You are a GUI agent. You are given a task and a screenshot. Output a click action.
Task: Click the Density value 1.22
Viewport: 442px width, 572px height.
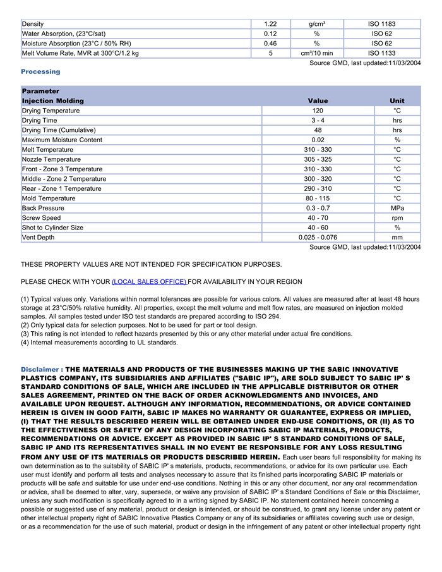pyautogui.click(x=270, y=24)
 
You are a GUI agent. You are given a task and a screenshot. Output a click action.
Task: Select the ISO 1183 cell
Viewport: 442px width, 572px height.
pyautogui.click(x=382, y=24)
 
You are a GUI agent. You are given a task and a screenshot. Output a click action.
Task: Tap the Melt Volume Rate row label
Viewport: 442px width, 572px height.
pyautogui.click(x=80, y=53)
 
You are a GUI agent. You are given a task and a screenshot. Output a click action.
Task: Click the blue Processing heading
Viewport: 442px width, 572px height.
pyautogui.click(x=40, y=71)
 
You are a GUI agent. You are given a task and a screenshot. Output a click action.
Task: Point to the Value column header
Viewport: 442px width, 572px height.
pyautogui.click(x=318, y=100)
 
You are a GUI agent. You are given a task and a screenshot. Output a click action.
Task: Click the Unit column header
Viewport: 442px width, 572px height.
pyautogui.click(x=397, y=100)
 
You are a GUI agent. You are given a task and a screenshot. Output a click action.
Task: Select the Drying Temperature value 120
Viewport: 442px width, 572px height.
pyautogui.click(x=318, y=111)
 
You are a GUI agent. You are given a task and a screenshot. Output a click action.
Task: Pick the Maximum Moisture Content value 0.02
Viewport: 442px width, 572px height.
pyautogui.click(x=318, y=140)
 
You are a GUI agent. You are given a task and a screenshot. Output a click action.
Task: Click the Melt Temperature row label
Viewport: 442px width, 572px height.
pyautogui.click(x=47, y=150)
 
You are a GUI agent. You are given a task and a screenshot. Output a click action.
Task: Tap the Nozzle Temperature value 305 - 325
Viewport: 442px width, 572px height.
pyautogui.click(x=318, y=159)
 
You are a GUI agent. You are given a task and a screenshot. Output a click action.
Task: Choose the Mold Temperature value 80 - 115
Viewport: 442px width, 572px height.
pyautogui.click(x=318, y=198)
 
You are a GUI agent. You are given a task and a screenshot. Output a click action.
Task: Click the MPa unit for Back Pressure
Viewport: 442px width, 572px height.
pyautogui.click(x=397, y=208)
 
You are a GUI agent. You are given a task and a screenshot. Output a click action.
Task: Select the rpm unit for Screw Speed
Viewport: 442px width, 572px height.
pyautogui.click(x=397, y=218)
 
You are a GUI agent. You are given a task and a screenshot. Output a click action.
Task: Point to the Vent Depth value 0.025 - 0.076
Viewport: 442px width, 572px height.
pyautogui.click(x=318, y=238)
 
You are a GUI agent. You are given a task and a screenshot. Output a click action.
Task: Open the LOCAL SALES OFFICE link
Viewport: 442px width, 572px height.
pyautogui.click(x=149, y=281)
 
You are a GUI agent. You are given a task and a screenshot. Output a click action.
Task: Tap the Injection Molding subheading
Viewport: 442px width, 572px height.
pyautogui.click(x=52, y=100)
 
